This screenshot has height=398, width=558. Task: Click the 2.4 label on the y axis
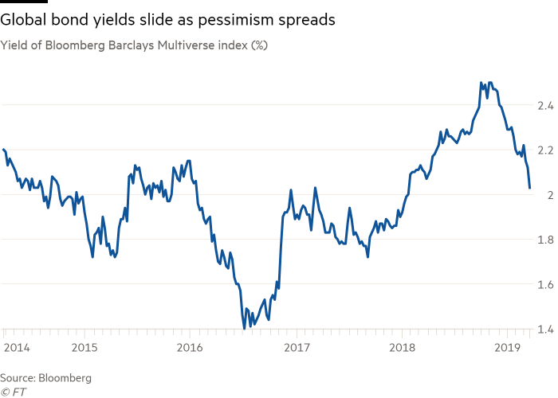tap(544, 105)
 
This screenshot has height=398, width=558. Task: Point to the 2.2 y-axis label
tap(544, 150)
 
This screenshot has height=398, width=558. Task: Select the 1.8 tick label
tap(545, 240)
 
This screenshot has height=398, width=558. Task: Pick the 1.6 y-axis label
tap(545, 284)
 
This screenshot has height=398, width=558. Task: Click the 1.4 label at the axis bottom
tap(545, 329)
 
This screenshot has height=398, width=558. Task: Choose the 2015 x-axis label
tap(84, 347)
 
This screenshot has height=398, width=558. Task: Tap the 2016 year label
tap(190, 347)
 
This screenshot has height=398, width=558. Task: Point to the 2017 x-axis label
tap(297, 347)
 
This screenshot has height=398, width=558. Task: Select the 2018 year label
tap(403, 347)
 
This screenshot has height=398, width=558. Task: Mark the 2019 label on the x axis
tap(509, 347)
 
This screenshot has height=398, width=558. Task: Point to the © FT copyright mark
tap(10, 390)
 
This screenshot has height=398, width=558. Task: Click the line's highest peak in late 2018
tap(481, 82)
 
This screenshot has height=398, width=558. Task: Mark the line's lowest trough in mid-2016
tap(242, 327)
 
